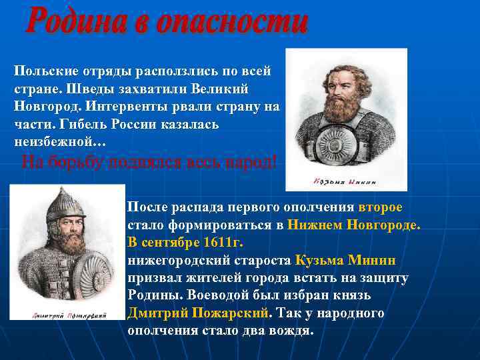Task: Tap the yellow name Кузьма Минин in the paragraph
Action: click(346, 259)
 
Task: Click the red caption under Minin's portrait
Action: click(345, 181)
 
